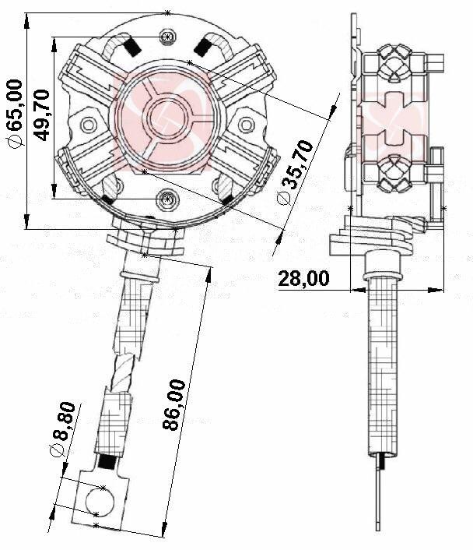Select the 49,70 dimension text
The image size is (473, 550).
click(43, 115)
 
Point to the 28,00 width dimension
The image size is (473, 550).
click(303, 278)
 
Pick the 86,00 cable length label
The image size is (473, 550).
click(176, 404)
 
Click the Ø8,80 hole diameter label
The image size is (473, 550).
click(65, 430)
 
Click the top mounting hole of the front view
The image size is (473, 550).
click(167, 37)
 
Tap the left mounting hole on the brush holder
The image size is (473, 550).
click(88, 125)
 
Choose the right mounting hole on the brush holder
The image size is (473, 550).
click(247, 124)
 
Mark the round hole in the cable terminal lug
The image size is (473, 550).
click(100, 499)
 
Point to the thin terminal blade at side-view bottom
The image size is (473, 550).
click(380, 499)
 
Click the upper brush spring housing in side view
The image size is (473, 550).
click(394, 66)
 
